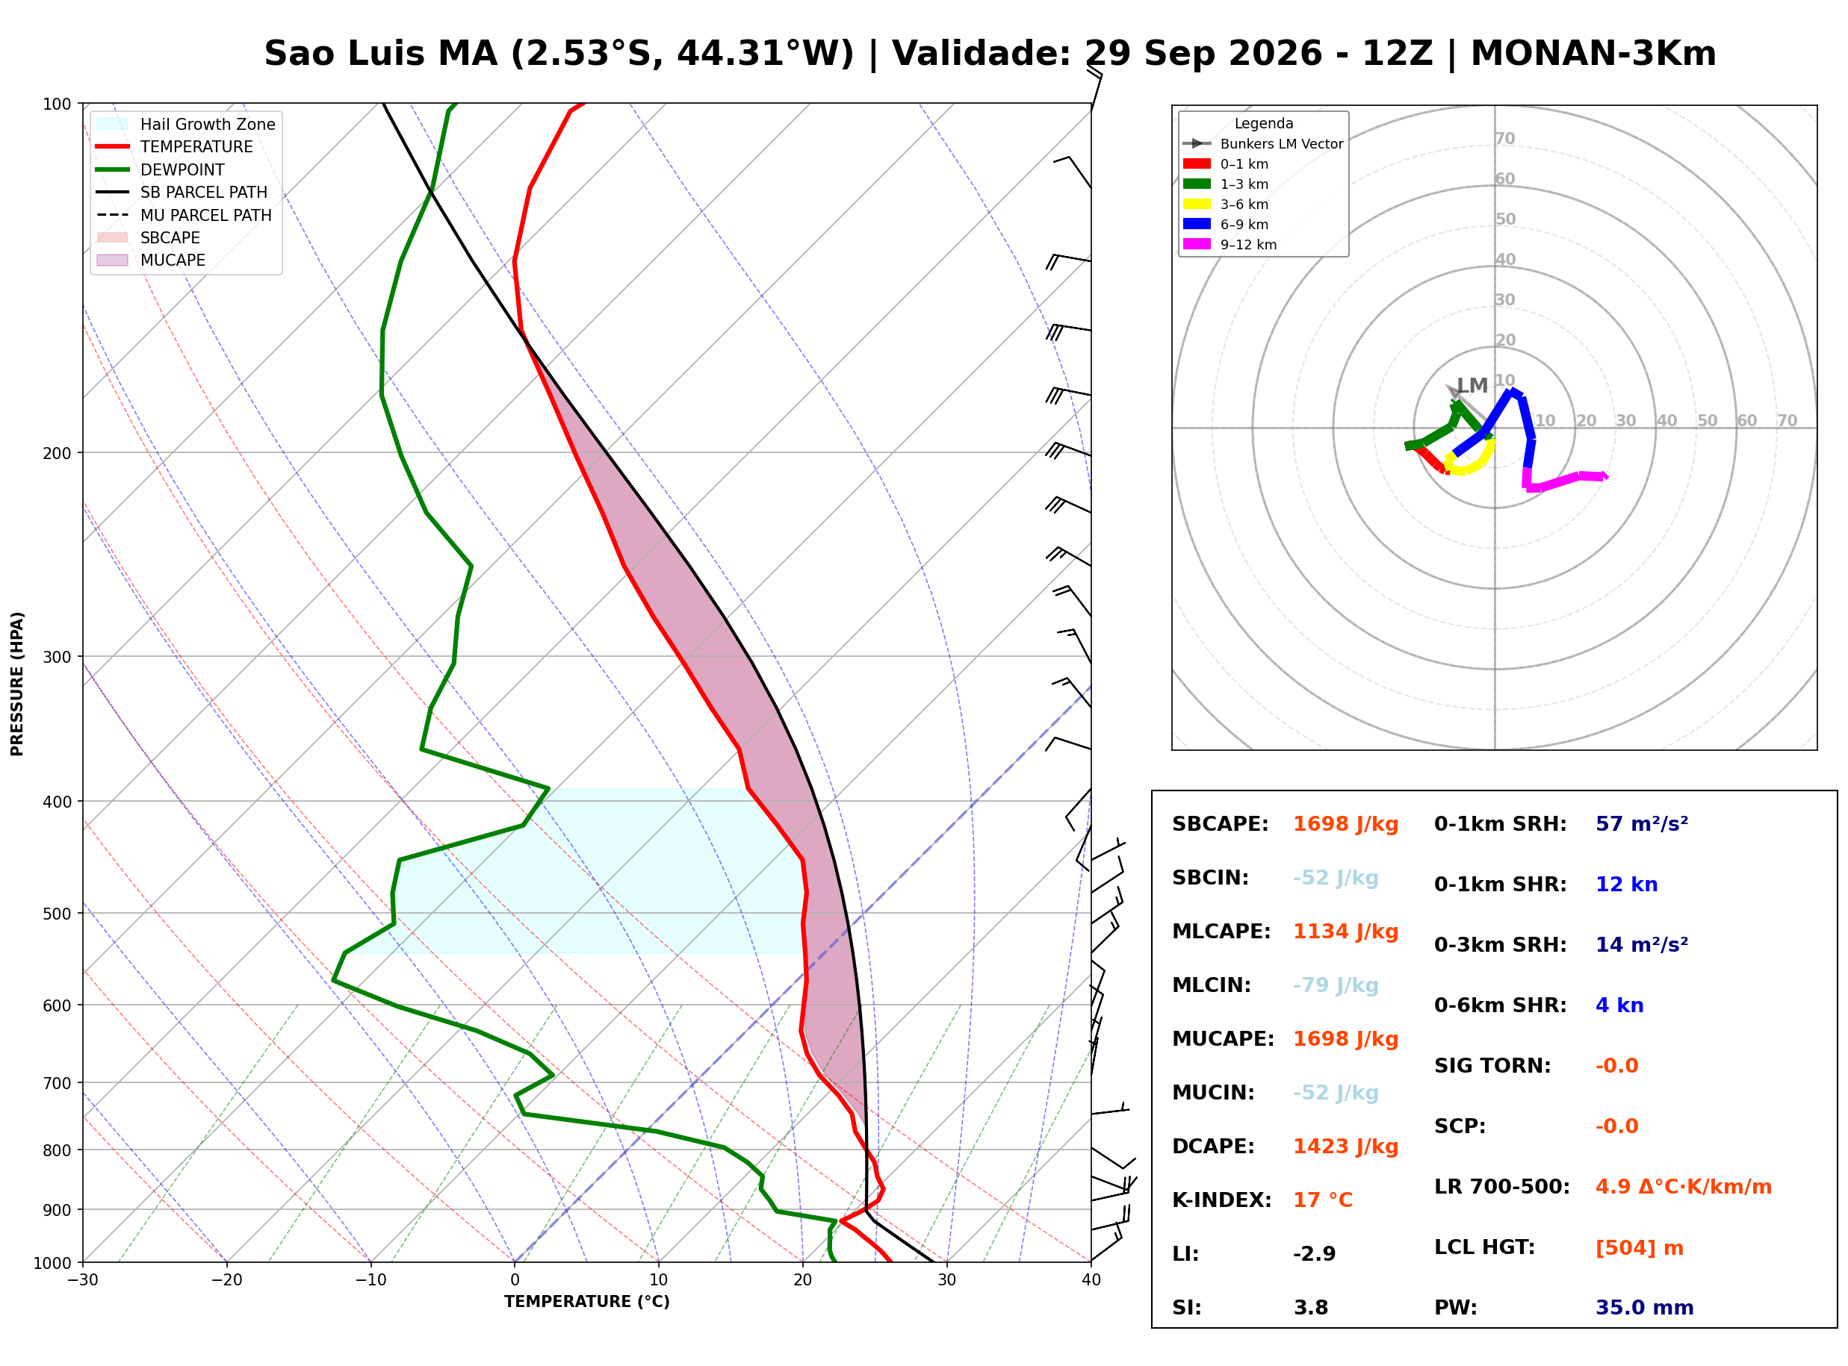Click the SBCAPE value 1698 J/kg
pos(1345,824)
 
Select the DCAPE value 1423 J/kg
pos(1345,1147)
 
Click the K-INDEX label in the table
pos(1221,1200)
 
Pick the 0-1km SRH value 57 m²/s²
pos(1641,824)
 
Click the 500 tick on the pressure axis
pos(57,914)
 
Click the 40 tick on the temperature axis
pos(1091,1281)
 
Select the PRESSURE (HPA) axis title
pos(17,684)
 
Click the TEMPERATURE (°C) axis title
pos(586,1303)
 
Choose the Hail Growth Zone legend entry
pos(185,124)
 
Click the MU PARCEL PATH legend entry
pos(184,215)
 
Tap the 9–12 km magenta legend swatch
pos(1196,244)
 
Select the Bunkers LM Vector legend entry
pos(1262,144)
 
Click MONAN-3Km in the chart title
pos(1593,54)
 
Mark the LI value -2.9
pos(1314,1254)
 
